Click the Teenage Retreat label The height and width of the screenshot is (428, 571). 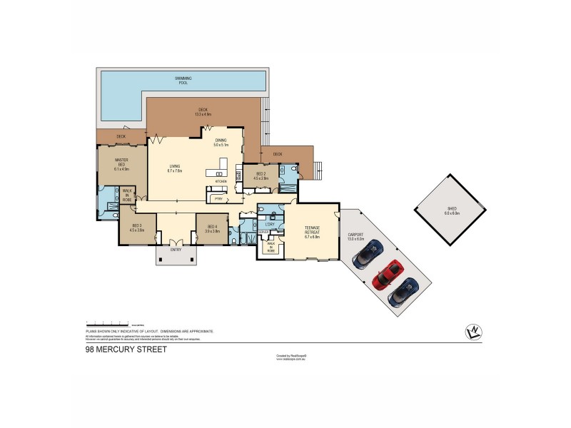(308, 228)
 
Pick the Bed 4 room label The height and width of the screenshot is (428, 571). (211, 228)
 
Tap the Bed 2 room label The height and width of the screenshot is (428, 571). (259, 175)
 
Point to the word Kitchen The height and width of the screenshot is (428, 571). (221, 181)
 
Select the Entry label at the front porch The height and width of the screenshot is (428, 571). (175, 249)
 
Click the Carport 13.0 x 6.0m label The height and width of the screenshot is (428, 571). (355, 236)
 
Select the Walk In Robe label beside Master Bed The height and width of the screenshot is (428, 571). (127, 195)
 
